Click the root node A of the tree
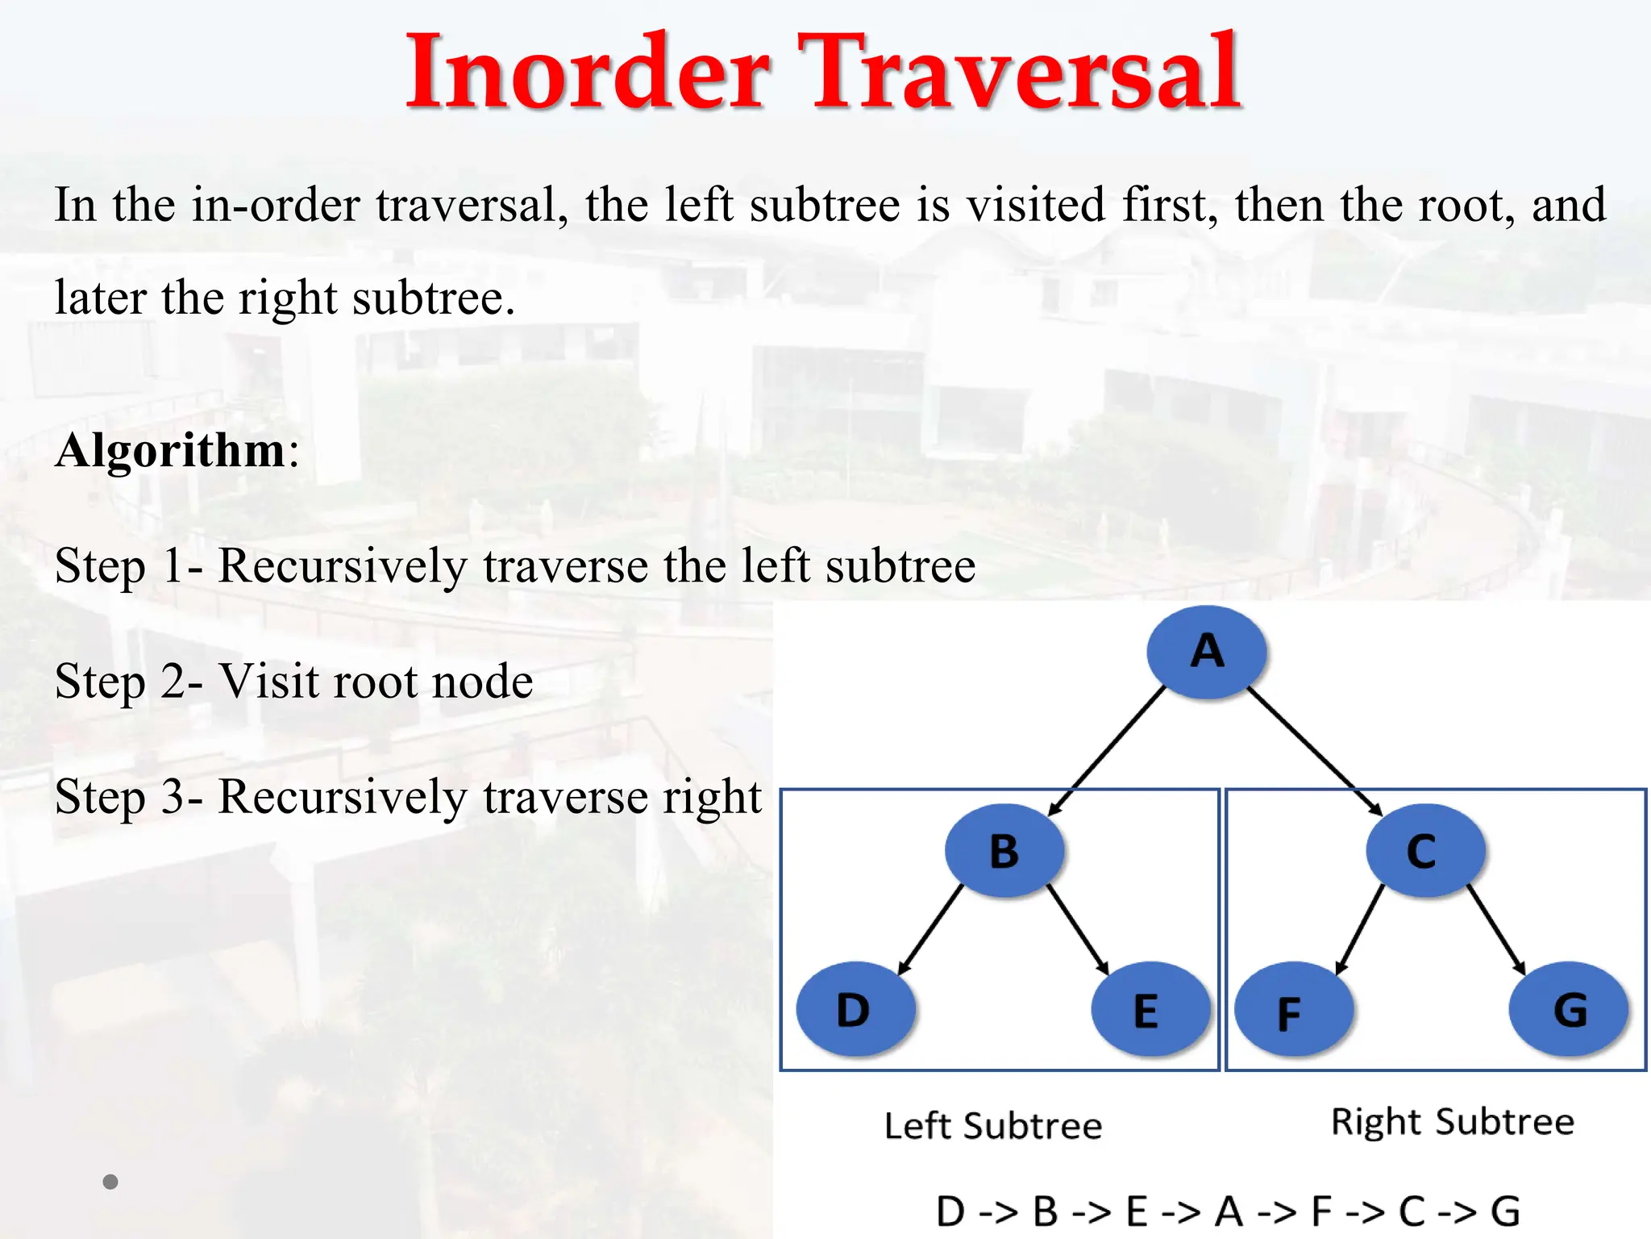1206,652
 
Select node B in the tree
1004,851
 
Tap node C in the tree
1424,851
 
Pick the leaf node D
855,1009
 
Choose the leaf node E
1150,1009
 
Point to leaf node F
1293,1011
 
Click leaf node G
1568,1009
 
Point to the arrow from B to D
931,929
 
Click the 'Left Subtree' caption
993,1126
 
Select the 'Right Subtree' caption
1453,1122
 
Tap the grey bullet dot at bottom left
110,1182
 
